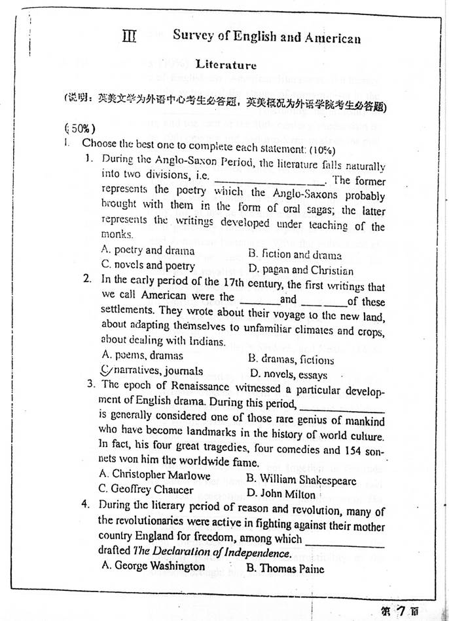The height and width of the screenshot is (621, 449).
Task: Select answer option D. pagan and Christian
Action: pos(300,270)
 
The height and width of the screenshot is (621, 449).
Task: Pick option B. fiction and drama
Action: pos(295,254)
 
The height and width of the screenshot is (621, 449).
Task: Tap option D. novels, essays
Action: pos(289,375)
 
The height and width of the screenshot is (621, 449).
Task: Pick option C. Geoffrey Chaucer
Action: pos(146,489)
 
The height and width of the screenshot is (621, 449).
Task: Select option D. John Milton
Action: pos(281,494)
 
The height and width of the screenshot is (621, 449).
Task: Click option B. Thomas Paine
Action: pos(285,569)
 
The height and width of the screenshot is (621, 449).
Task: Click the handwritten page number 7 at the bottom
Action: pos(412,610)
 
